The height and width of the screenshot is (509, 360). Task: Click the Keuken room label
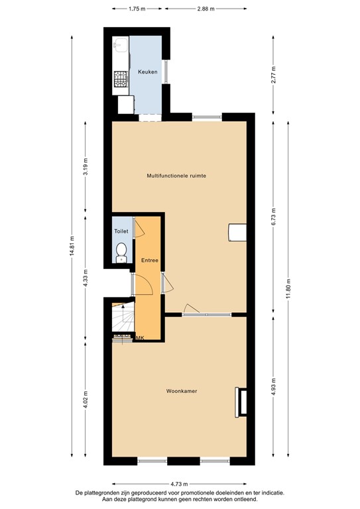[x=147, y=72]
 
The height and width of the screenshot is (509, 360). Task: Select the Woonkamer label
[x=182, y=391]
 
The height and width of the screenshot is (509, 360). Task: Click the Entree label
[x=149, y=260]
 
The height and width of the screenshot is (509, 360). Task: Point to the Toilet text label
[x=121, y=231]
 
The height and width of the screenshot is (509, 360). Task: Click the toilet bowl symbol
[x=121, y=251]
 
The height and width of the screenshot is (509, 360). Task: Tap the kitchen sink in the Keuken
[x=121, y=45]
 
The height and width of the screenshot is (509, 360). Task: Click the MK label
[x=140, y=338]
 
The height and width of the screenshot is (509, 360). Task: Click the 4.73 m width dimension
[x=180, y=484]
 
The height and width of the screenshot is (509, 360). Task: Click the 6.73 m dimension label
[x=272, y=215]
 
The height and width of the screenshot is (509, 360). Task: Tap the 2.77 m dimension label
[x=272, y=71]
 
